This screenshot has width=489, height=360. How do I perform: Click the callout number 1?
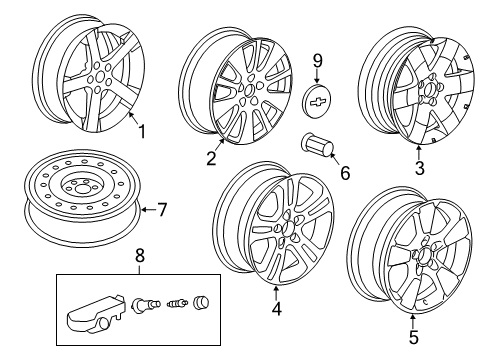pos(142,130)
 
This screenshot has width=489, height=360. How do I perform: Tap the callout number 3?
pos(421,168)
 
